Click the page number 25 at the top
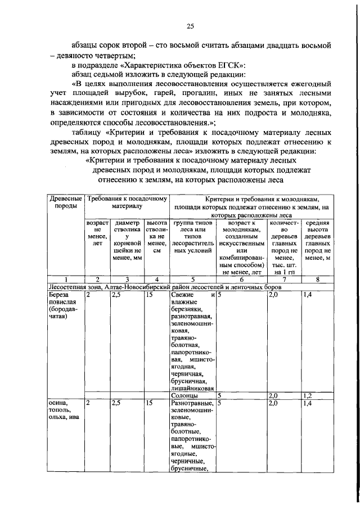[x=190, y=26]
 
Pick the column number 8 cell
[x=317, y=279]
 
